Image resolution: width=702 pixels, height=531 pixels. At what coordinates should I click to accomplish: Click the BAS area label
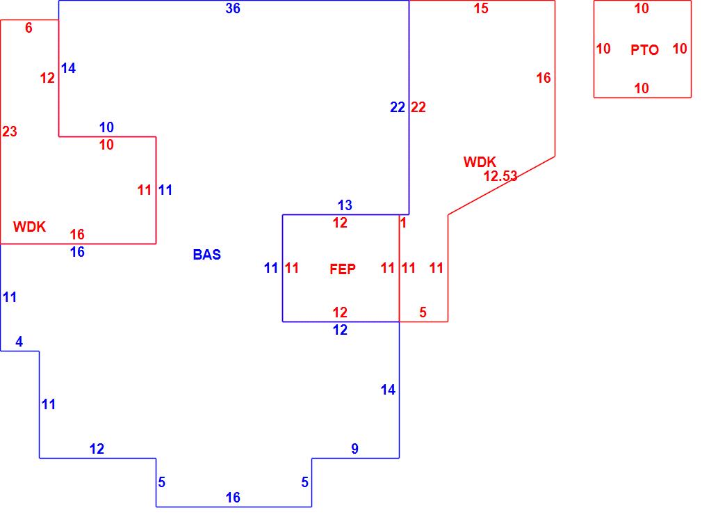coord(206,255)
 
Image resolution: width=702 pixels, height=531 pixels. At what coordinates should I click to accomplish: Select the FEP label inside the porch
coord(343,269)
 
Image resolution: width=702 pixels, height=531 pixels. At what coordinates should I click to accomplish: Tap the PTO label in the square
coord(644,50)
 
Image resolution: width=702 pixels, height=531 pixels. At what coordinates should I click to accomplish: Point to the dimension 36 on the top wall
coord(233,9)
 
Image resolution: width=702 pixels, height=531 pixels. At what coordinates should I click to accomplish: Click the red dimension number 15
coord(481,9)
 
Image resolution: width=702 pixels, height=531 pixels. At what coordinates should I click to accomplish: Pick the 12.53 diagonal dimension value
coord(500,176)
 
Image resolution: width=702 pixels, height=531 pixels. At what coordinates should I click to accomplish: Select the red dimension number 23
coord(10,132)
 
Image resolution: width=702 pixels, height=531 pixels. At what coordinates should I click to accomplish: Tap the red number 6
coord(28,29)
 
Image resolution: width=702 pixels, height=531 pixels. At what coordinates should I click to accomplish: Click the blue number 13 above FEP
coord(345,205)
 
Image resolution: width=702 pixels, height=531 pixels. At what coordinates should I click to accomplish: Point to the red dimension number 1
coord(403,223)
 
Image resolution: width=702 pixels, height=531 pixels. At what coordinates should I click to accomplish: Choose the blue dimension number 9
coord(354,449)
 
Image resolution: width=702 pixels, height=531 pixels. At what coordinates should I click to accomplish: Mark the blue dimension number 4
coord(19,342)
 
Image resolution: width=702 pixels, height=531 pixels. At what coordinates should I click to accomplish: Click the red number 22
coord(418,107)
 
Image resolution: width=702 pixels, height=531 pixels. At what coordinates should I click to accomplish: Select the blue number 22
coord(398,107)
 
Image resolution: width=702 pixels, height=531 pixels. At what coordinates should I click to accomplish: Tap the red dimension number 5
coord(423,312)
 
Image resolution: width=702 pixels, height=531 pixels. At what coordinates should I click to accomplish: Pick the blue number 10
coord(106,127)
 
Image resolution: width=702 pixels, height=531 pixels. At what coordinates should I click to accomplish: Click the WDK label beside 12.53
coord(480,162)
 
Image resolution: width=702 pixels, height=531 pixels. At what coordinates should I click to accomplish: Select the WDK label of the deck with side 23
coord(29,227)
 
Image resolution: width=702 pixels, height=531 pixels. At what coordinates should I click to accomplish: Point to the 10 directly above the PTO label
coord(642,9)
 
